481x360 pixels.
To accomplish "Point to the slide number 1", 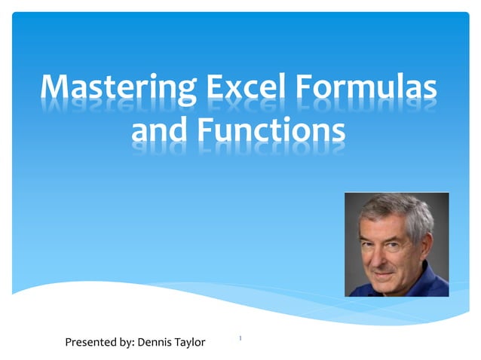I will point(240,338).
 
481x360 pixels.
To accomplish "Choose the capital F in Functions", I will point(207,130).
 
